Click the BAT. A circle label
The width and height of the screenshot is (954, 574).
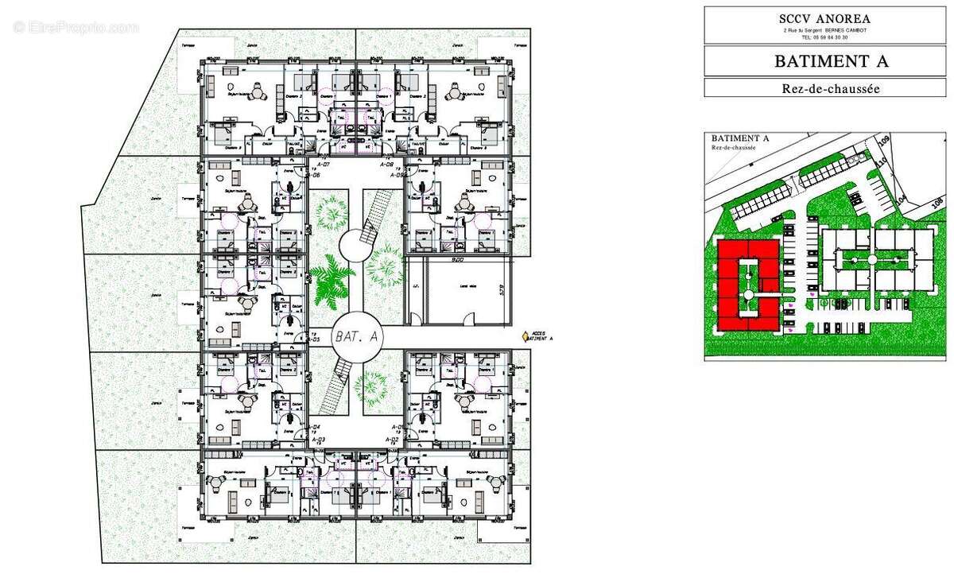355,338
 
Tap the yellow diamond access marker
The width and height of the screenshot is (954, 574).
525,337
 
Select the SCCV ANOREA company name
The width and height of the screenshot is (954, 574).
824,17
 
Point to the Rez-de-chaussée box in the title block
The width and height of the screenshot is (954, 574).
824,88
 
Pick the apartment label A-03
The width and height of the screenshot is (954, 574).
318,439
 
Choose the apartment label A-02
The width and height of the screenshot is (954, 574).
391,439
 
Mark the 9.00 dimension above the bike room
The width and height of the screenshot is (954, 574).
458,260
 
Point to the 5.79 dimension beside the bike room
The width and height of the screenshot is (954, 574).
502,291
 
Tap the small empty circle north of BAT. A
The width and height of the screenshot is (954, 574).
355,246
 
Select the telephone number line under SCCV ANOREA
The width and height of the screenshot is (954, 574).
824,37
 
